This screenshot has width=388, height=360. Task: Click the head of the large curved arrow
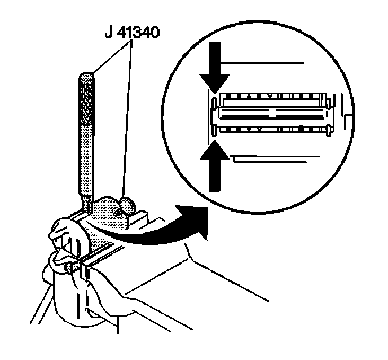(x=197, y=217)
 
